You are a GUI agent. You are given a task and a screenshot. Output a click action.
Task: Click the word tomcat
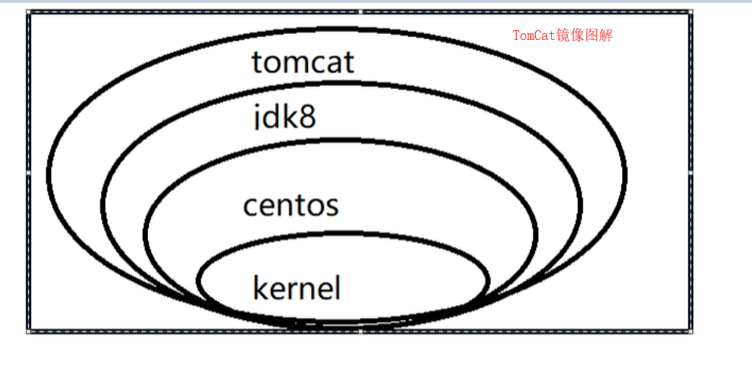click(x=303, y=63)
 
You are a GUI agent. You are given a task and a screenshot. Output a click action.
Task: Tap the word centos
click(x=291, y=205)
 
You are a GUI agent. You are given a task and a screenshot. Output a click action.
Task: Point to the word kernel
click(x=297, y=288)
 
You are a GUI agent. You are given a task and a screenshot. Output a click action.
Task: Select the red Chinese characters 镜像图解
click(x=584, y=35)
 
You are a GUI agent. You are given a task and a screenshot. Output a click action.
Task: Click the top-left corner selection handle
click(x=29, y=12)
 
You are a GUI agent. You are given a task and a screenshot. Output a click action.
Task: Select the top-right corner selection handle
click(x=691, y=12)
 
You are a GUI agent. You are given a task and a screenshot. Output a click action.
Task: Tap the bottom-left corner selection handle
click(x=29, y=331)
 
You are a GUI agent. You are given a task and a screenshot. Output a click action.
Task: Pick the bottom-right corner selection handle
click(x=691, y=331)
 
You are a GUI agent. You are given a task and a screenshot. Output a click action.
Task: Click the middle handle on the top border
click(x=360, y=12)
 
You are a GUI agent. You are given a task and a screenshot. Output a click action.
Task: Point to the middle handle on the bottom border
click(x=360, y=331)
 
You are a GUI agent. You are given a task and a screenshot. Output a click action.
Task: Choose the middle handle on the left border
click(x=29, y=172)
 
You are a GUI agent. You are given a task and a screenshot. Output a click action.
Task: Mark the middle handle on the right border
click(x=691, y=172)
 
